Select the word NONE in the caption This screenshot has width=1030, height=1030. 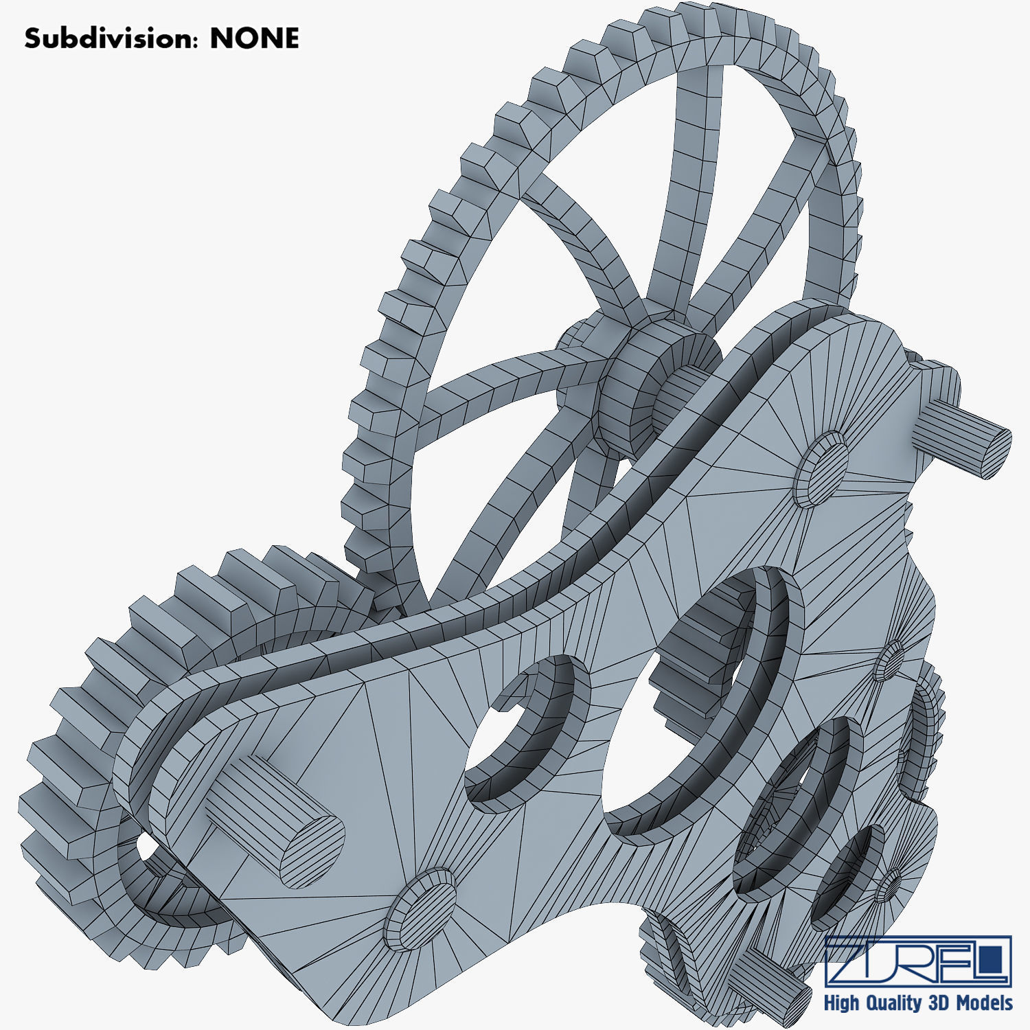click(254, 38)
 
